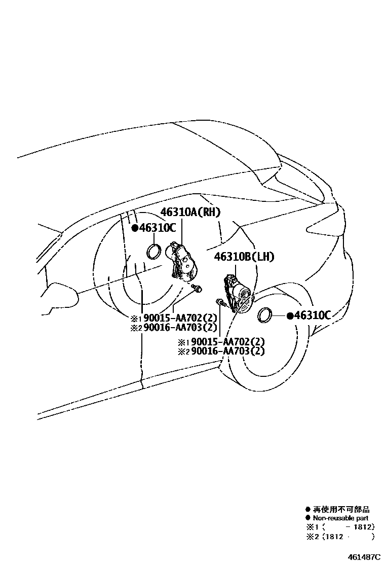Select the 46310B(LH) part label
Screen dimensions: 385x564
[244, 257]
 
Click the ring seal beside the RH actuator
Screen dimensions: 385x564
[155, 251]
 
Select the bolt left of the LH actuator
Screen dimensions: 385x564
[219, 303]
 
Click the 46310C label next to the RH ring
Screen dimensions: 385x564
[158, 228]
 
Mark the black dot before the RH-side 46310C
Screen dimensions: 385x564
[135, 228]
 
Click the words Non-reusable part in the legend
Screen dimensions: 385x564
[340, 518]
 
